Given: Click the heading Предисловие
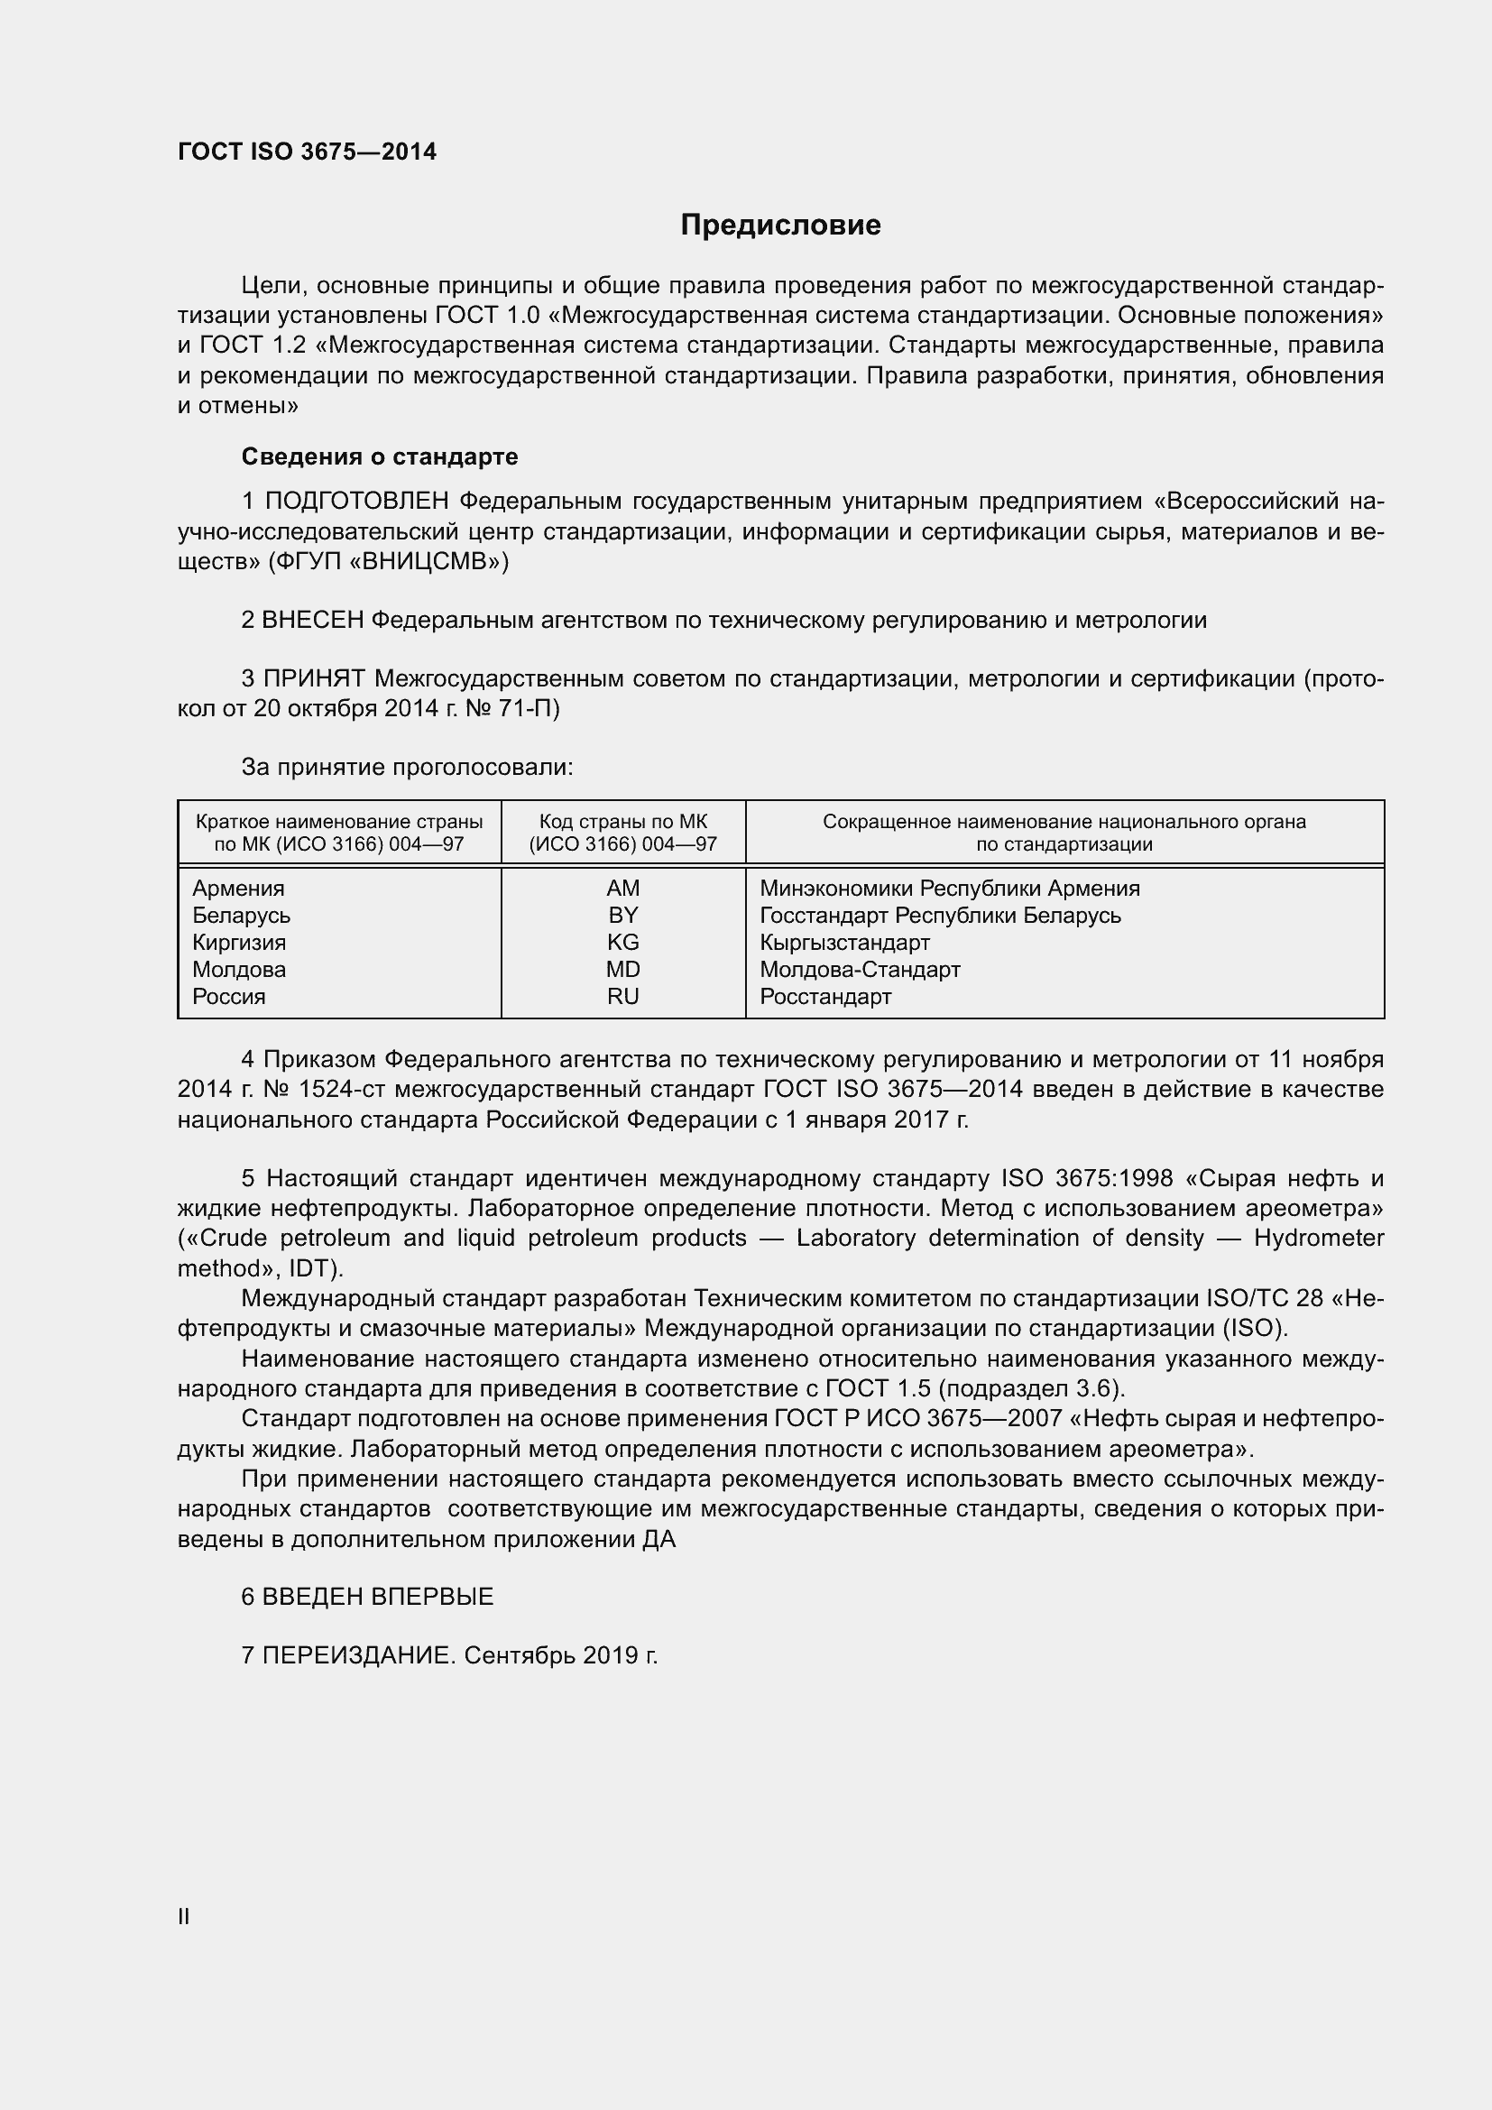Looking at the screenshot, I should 780,225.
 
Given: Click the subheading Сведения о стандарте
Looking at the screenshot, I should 380,456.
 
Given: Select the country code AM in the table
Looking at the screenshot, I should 623,889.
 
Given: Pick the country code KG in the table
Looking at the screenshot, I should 623,943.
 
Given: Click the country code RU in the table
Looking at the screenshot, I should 623,997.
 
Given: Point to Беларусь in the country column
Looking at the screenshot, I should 242,916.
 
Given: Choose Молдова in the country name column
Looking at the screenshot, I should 239,970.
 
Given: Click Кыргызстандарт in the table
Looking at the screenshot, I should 844,943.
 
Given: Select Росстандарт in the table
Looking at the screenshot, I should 825,997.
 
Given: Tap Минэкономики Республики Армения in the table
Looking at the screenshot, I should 949,889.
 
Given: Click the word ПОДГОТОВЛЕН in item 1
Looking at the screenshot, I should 357,502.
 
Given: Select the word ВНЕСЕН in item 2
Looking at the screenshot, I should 313,621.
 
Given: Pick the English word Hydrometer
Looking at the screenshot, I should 1319,1238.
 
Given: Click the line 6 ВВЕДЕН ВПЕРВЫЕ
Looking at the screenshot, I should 367,1598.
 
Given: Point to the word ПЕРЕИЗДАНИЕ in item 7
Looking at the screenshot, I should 358,1656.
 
